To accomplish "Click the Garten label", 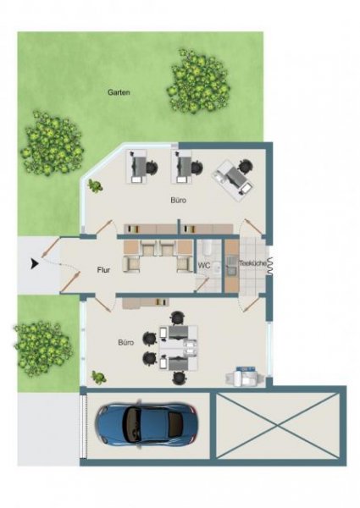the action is pyautogui.click(x=119, y=92).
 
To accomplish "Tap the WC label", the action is pyautogui.click(x=204, y=266).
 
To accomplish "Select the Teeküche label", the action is pyautogui.click(x=252, y=263).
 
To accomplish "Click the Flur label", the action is pyautogui.click(x=103, y=270).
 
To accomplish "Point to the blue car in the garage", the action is pyautogui.click(x=147, y=424).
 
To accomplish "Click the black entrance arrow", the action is pyautogui.click(x=35, y=263).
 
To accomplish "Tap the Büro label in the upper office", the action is pyautogui.click(x=179, y=200).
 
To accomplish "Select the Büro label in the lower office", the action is pyautogui.click(x=126, y=342).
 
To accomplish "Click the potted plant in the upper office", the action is pyautogui.click(x=95, y=186).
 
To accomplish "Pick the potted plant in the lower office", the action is pyautogui.click(x=98, y=377).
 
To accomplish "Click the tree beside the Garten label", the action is pyautogui.click(x=198, y=81).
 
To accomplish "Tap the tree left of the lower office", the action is pyautogui.click(x=42, y=349).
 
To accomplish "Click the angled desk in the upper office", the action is pyautogui.click(x=233, y=179).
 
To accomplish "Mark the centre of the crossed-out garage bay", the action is pyautogui.click(x=278, y=425).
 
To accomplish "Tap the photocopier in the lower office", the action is pyautogui.click(x=246, y=377).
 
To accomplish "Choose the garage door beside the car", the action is pyautogui.click(x=84, y=425).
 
